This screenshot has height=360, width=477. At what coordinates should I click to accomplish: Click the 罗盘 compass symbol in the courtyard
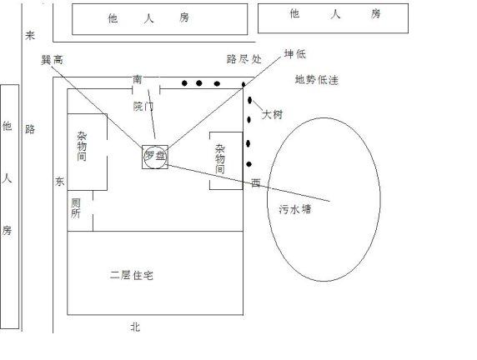pos(155,157)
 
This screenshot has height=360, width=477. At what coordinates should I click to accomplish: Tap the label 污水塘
pos(295,209)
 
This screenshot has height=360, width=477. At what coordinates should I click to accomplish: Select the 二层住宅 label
pos(132,275)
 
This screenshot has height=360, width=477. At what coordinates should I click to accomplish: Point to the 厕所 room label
pos(75,208)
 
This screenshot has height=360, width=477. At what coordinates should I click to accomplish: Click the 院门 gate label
pos(143,107)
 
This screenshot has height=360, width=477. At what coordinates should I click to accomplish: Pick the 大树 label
pos(272,114)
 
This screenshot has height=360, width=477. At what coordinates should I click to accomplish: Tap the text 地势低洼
pos(316,80)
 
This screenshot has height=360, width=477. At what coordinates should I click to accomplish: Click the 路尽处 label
pos(244,58)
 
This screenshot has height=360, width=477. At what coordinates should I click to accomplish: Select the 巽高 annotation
pos(52,60)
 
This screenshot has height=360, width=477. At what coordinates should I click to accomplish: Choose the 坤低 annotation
pos(294,54)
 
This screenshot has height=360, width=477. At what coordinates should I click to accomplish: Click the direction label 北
pos(135,327)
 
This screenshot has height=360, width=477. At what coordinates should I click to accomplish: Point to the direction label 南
pos(138,80)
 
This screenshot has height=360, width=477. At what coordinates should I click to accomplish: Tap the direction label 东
pos(60,182)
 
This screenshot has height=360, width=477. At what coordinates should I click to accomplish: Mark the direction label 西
pos(255,182)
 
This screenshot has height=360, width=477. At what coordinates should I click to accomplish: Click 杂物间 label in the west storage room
pos(220,159)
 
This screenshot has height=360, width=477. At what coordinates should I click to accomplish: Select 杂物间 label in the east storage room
pos(82,147)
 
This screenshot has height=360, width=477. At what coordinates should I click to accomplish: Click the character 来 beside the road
pos(30,35)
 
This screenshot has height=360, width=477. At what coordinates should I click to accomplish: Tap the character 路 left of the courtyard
pos(30,129)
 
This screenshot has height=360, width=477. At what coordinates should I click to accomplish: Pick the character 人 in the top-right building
pos(335,14)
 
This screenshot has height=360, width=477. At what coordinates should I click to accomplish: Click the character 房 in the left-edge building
pos(7,230)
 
